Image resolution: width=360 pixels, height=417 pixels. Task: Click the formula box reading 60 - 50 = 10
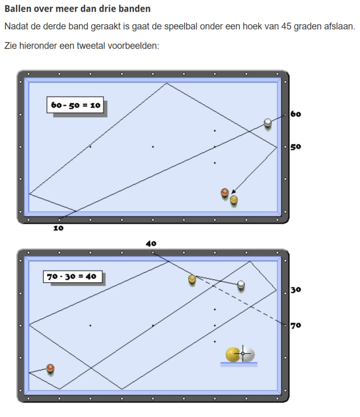75,105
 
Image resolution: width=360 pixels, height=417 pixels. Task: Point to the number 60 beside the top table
296,114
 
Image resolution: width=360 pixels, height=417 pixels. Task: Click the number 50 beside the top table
296,147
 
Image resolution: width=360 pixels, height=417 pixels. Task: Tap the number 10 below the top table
58,228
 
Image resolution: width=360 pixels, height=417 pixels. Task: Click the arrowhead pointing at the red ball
233,192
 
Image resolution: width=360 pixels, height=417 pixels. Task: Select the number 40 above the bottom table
151,244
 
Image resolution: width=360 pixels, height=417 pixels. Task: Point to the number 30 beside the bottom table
296,290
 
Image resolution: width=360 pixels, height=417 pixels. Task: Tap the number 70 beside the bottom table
296,326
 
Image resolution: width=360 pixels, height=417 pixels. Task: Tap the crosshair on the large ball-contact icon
243,354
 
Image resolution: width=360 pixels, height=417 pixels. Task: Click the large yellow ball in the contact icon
233,355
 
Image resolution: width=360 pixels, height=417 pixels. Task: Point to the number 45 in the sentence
286,26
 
